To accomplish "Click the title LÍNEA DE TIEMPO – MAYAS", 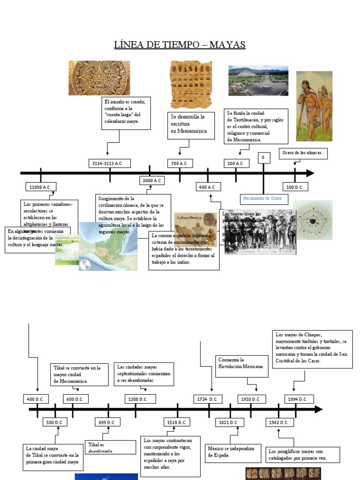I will tap(180, 45).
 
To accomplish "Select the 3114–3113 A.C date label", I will tap(110, 163).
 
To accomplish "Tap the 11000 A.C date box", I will tap(40, 187).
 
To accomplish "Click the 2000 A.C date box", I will tap(152, 180).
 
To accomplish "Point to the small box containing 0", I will tap(263, 157).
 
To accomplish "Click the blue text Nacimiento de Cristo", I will tap(262, 198).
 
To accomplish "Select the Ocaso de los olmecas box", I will tap(303, 153).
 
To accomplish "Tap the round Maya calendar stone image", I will tap(93, 78).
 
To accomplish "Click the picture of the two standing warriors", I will tap(314, 106).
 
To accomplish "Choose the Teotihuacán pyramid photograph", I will tap(258, 81).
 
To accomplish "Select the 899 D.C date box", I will tap(107, 422).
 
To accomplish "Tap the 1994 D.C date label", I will tap(297, 399).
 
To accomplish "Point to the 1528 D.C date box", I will tap(177, 422).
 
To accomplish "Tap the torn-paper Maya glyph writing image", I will tap(191, 84).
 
